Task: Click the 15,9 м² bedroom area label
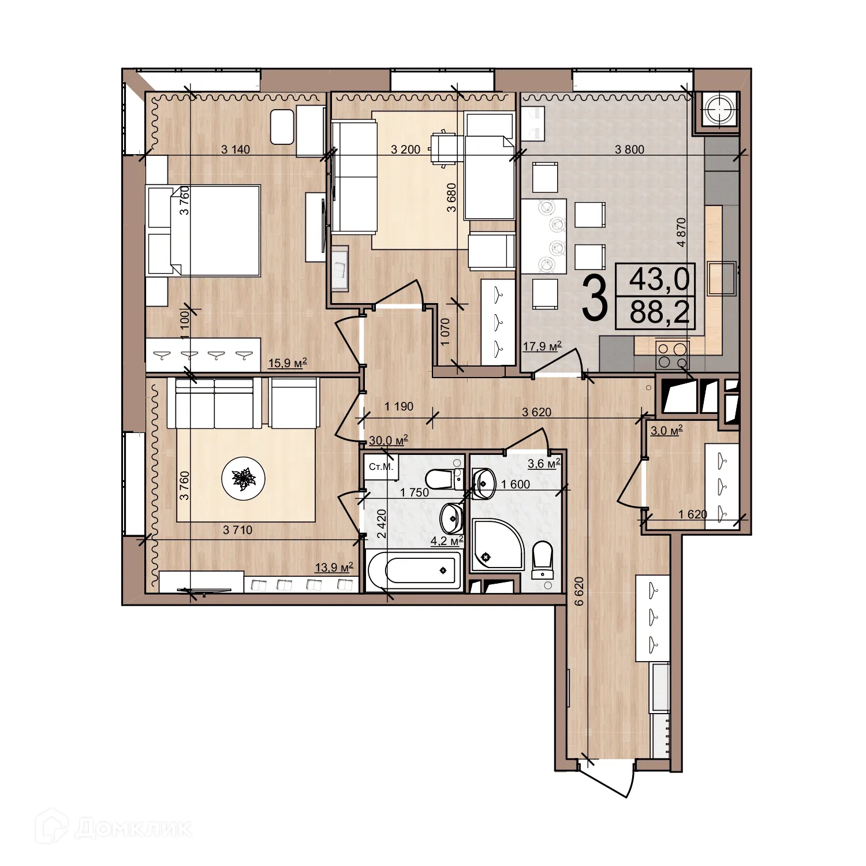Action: pyautogui.click(x=288, y=363)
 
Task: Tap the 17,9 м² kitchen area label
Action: pyautogui.click(x=542, y=346)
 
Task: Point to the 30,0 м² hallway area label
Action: pyautogui.click(x=389, y=441)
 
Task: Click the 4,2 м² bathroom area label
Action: pyautogui.click(x=447, y=541)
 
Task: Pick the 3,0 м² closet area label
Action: pyautogui.click(x=667, y=430)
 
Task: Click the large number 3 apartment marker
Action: pyautogui.click(x=595, y=298)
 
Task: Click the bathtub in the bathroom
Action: pyautogui.click(x=415, y=570)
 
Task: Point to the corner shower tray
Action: pyautogui.click(x=497, y=545)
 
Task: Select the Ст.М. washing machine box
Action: pyautogui.click(x=380, y=466)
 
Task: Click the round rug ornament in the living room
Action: pyautogui.click(x=244, y=479)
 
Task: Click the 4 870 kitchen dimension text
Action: pyautogui.click(x=682, y=232)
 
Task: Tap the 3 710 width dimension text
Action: pyautogui.click(x=238, y=529)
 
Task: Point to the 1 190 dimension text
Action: pyautogui.click(x=399, y=406)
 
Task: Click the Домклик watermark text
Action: pyautogui.click(x=133, y=830)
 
